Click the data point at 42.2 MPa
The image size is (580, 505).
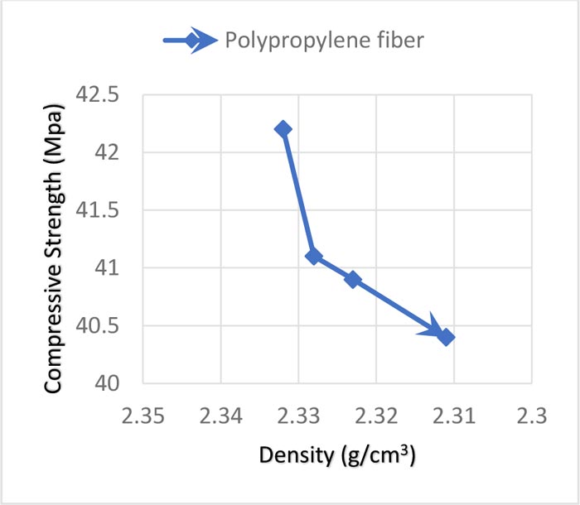(x=283, y=129)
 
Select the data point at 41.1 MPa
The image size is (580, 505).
(x=312, y=257)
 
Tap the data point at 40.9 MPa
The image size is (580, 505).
(x=353, y=280)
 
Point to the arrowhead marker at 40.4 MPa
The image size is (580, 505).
(x=446, y=337)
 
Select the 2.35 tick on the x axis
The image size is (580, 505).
(x=143, y=412)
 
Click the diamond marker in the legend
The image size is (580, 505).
(x=192, y=41)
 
